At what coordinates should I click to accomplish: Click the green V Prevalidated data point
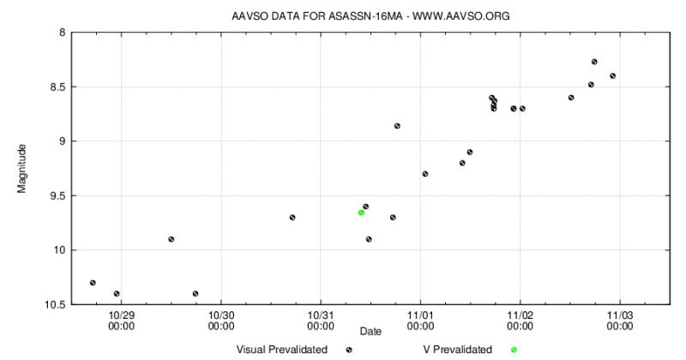coord(361,212)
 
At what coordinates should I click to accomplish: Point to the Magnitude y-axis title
coord(21,168)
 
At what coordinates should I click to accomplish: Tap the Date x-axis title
coord(370,331)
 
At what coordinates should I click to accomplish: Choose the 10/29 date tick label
coord(121,321)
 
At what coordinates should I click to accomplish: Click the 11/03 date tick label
coord(620,321)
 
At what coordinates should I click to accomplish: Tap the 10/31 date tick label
coord(321,321)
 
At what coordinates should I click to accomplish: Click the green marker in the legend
coord(514,350)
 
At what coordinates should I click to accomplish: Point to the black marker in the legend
coord(349,350)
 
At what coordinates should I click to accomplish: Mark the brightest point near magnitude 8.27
coord(594,62)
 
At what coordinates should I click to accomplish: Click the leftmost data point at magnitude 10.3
coord(93,282)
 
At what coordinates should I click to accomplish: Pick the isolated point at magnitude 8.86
coord(397,126)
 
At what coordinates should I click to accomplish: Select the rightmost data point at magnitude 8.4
coord(613,75)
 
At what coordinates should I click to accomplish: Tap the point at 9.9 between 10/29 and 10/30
coord(171,239)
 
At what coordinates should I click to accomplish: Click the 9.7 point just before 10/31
coord(292,217)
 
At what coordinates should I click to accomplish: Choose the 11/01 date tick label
coord(420,321)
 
